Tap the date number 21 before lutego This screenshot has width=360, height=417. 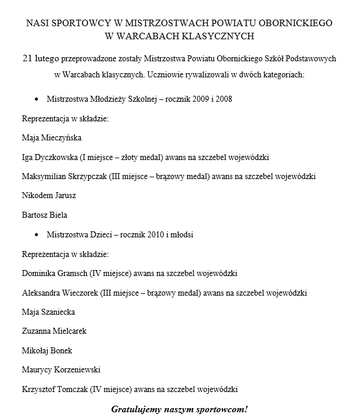[x=27, y=59]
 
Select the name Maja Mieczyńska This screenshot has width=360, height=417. [x=51, y=137]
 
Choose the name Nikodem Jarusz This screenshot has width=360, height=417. [x=49, y=196]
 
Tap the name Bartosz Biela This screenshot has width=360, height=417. [x=44, y=215]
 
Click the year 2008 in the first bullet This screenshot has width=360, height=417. [x=221, y=99]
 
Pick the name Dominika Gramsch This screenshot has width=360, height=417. [x=55, y=274]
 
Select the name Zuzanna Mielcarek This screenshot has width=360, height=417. [x=54, y=331]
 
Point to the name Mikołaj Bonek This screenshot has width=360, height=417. [x=46, y=351]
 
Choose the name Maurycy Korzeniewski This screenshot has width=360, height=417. [x=61, y=370]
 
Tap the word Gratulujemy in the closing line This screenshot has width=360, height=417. [x=134, y=409]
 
